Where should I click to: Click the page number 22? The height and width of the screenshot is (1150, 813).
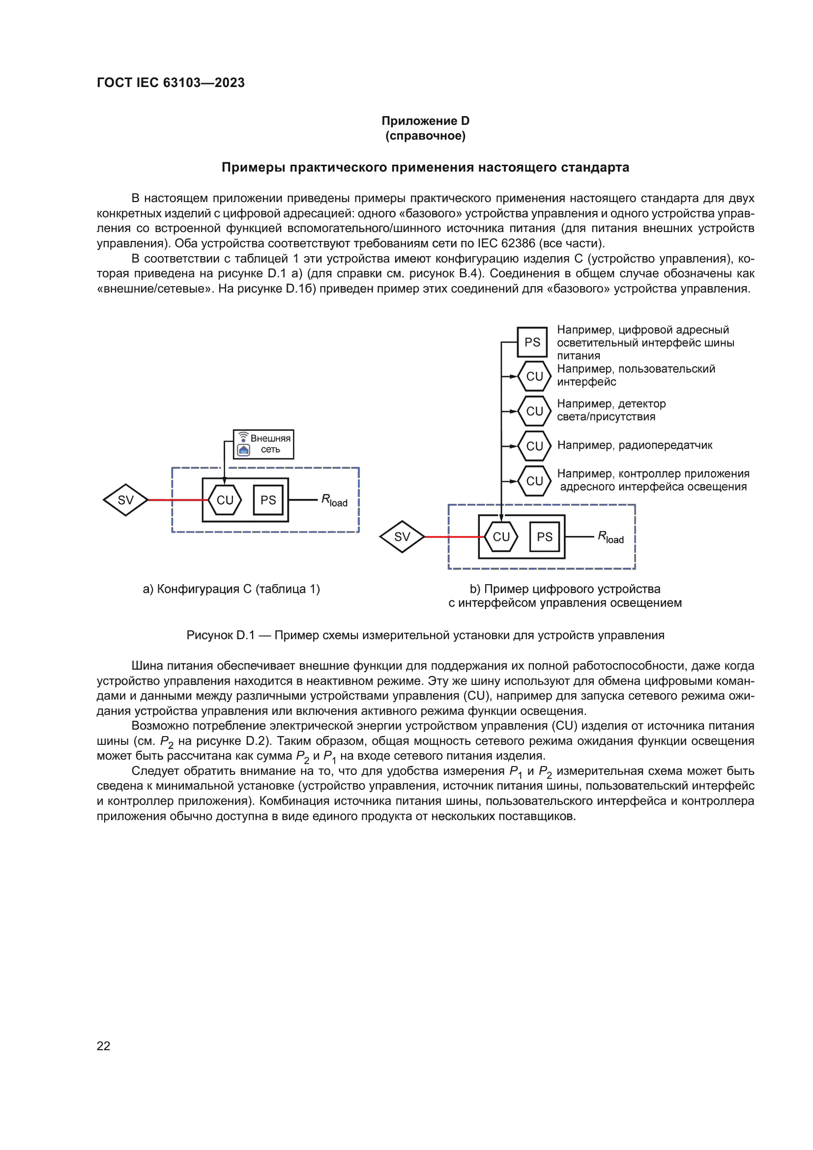tap(103, 1045)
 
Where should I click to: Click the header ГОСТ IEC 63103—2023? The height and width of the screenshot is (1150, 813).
tap(170, 83)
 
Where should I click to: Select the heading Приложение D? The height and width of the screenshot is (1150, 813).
tap(425, 121)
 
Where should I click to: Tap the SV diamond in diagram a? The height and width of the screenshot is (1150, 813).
tap(125, 500)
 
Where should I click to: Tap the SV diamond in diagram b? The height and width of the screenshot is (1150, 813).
tap(402, 537)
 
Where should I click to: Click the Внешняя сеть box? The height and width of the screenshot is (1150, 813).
tap(264, 444)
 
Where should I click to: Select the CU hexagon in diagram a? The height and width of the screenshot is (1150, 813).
tap(225, 500)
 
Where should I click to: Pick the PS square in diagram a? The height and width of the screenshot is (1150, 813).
tap(268, 500)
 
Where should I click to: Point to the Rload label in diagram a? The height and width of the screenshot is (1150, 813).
tap(334, 501)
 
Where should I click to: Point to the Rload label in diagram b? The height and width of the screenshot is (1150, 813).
tap(611, 537)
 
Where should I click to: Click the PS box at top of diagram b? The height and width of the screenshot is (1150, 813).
tap(532, 342)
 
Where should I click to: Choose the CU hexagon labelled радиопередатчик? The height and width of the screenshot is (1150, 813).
tap(534, 446)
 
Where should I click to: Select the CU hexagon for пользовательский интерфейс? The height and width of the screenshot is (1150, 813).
tap(534, 376)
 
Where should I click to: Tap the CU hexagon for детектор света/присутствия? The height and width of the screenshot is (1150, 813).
tap(534, 411)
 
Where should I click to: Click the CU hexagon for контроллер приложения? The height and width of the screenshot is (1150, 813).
tap(534, 481)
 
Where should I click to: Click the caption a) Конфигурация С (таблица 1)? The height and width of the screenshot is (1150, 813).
tap(232, 589)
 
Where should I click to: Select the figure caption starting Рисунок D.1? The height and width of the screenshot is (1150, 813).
tap(425, 635)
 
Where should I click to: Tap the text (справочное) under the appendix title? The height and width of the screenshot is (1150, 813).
tap(425, 136)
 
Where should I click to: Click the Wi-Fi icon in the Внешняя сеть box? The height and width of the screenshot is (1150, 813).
tap(243, 437)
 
